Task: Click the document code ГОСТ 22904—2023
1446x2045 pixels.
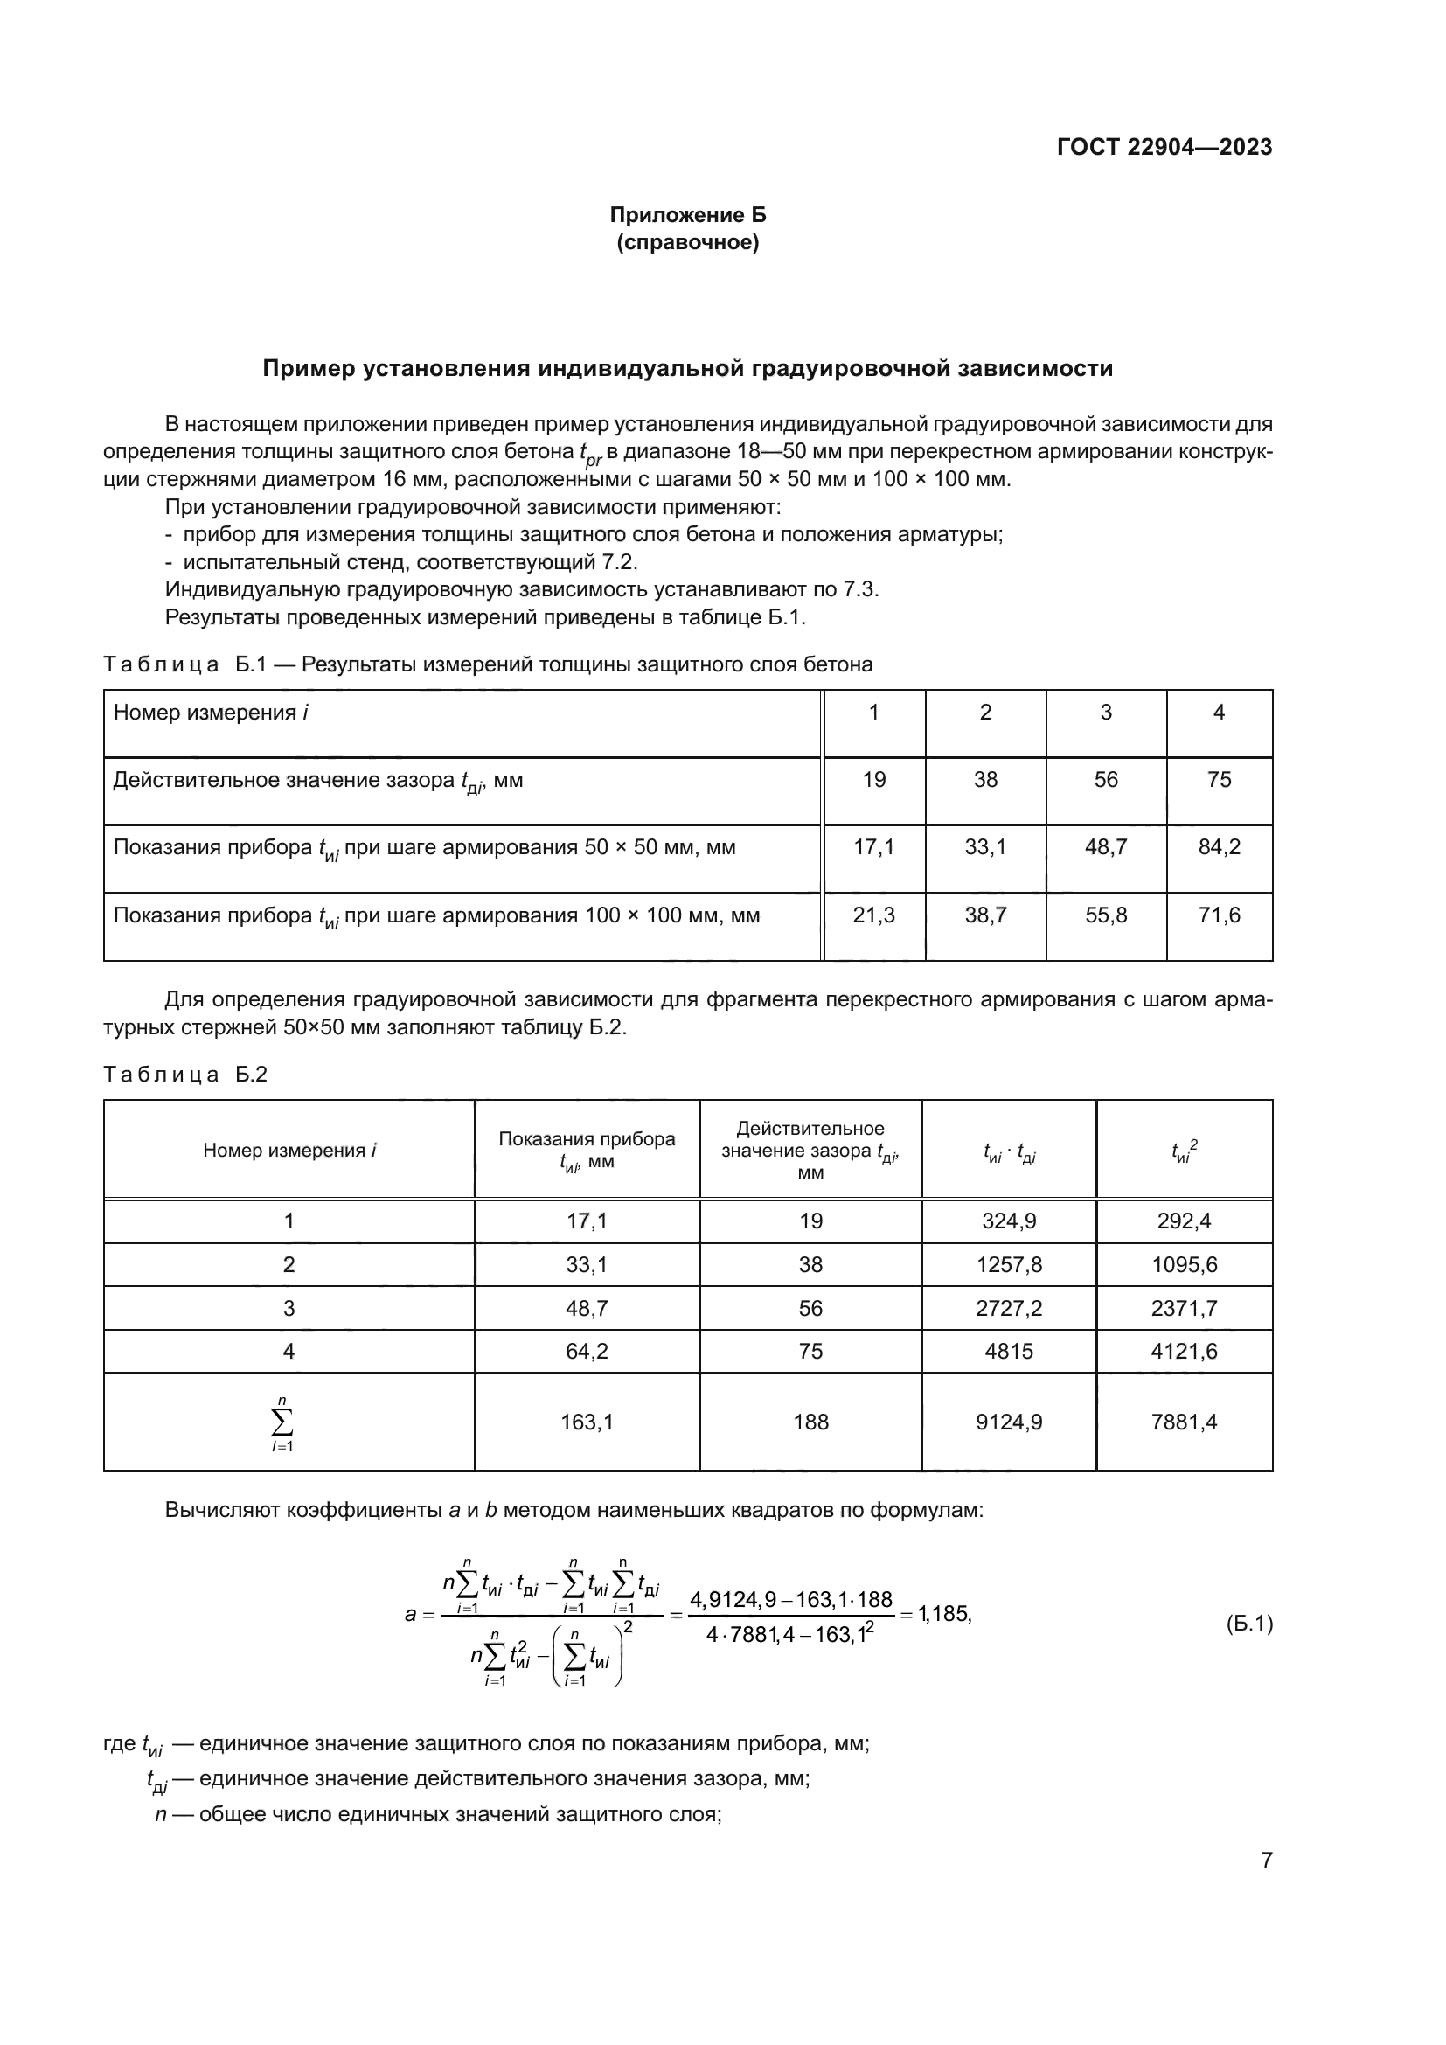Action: (1164, 147)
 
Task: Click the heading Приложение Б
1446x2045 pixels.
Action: (687, 215)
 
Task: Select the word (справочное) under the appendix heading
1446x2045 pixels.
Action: (687, 242)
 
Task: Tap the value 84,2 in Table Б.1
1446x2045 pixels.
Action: (1218, 847)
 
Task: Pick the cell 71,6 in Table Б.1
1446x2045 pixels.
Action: (1218, 915)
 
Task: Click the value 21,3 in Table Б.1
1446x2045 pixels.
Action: (873, 915)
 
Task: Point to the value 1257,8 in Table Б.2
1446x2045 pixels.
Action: (1009, 1265)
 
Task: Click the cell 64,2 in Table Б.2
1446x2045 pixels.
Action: (587, 1351)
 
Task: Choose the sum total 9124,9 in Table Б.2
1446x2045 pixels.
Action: (1009, 1422)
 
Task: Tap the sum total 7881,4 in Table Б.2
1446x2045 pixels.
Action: (1184, 1422)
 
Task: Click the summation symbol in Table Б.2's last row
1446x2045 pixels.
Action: (283, 1422)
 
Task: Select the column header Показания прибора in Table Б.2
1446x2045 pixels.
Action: (587, 1139)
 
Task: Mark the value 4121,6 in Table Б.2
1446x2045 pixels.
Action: (1184, 1351)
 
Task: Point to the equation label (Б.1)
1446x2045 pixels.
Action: (1248, 1624)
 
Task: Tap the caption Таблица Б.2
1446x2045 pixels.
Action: (185, 1075)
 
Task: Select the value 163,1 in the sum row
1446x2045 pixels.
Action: (587, 1422)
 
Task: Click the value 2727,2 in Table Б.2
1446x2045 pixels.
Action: (1009, 1309)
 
